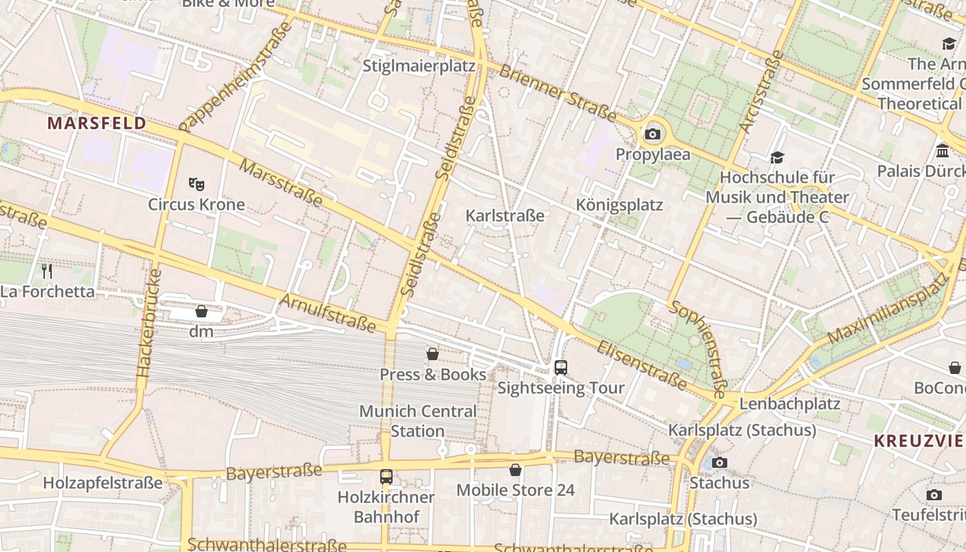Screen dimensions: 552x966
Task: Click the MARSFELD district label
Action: pos(97,124)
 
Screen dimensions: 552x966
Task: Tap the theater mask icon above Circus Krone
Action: pos(197,184)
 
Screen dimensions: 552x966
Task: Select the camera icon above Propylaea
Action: pos(653,134)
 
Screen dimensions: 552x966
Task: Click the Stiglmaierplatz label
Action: pos(419,66)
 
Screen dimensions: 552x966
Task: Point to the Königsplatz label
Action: pos(619,205)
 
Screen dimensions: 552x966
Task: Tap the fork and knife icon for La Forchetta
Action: pos(47,271)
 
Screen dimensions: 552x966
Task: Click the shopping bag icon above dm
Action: pos(201,312)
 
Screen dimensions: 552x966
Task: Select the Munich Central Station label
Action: pos(417,421)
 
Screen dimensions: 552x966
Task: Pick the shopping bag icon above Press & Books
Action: pos(433,355)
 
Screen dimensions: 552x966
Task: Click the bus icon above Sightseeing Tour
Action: pos(561,368)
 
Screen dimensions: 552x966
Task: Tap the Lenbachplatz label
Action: pos(789,404)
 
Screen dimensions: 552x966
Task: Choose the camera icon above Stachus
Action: pos(720,462)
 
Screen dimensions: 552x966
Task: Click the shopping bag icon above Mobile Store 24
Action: pos(515,471)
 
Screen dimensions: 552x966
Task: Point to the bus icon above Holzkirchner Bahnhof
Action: pos(386,477)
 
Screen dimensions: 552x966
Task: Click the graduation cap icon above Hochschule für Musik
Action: pos(777,158)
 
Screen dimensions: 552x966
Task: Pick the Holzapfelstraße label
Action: pos(103,483)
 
